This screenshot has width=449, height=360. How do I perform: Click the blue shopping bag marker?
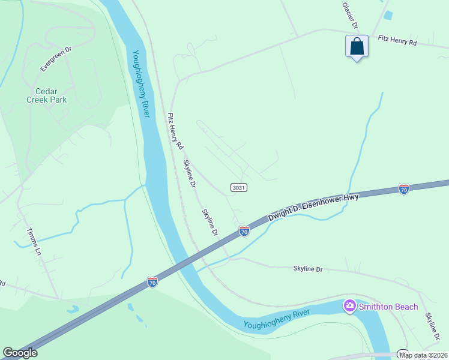(357, 47)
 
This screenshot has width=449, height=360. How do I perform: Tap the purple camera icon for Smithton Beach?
(349, 307)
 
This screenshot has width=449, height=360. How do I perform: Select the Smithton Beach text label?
(388, 307)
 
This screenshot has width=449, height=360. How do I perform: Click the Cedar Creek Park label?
(46, 95)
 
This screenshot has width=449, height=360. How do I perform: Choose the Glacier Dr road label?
(350, 16)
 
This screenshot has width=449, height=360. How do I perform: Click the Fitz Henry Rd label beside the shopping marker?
(397, 41)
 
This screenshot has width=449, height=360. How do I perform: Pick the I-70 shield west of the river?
(152, 281)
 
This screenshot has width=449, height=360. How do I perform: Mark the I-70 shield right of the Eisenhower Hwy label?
(405, 189)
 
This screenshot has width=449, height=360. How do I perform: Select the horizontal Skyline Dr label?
(307, 269)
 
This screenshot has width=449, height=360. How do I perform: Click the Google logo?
(20, 353)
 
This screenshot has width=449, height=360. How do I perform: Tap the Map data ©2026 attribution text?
(423, 355)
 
